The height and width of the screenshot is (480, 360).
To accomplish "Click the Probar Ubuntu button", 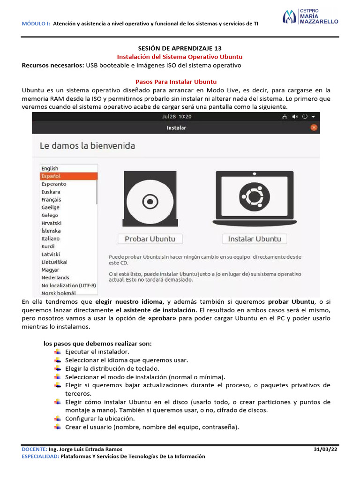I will pyautogui.click(x=150, y=239).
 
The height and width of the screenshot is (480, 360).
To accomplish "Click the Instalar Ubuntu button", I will pyautogui.click(x=255, y=239).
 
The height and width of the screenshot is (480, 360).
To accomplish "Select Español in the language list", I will pyautogui.click(x=68, y=176).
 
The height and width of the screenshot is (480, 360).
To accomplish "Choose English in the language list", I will pyautogui.click(x=50, y=168).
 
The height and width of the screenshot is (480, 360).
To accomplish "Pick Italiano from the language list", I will pyautogui.click(x=50, y=239).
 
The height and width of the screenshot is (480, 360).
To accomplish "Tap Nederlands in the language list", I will pyautogui.click(x=55, y=277).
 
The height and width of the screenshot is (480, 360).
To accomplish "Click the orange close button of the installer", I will pyautogui.click(x=314, y=127).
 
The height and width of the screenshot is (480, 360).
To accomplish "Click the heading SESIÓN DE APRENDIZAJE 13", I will pyautogui.click(x=180, y=48).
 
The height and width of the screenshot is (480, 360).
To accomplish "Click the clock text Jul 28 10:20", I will pyautogui.click(x=176, y=116).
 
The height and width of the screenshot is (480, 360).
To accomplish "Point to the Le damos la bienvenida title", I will pyautogui.click(x=88, y=146).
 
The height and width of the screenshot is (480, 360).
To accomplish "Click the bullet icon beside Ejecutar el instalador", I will pyautogui.click(x=57, y=352).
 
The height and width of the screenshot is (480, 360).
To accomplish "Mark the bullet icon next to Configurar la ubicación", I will pyautogui.click(x=57, y=419).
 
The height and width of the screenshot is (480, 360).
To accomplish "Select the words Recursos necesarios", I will pyautogui.click(x=53, y=65).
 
